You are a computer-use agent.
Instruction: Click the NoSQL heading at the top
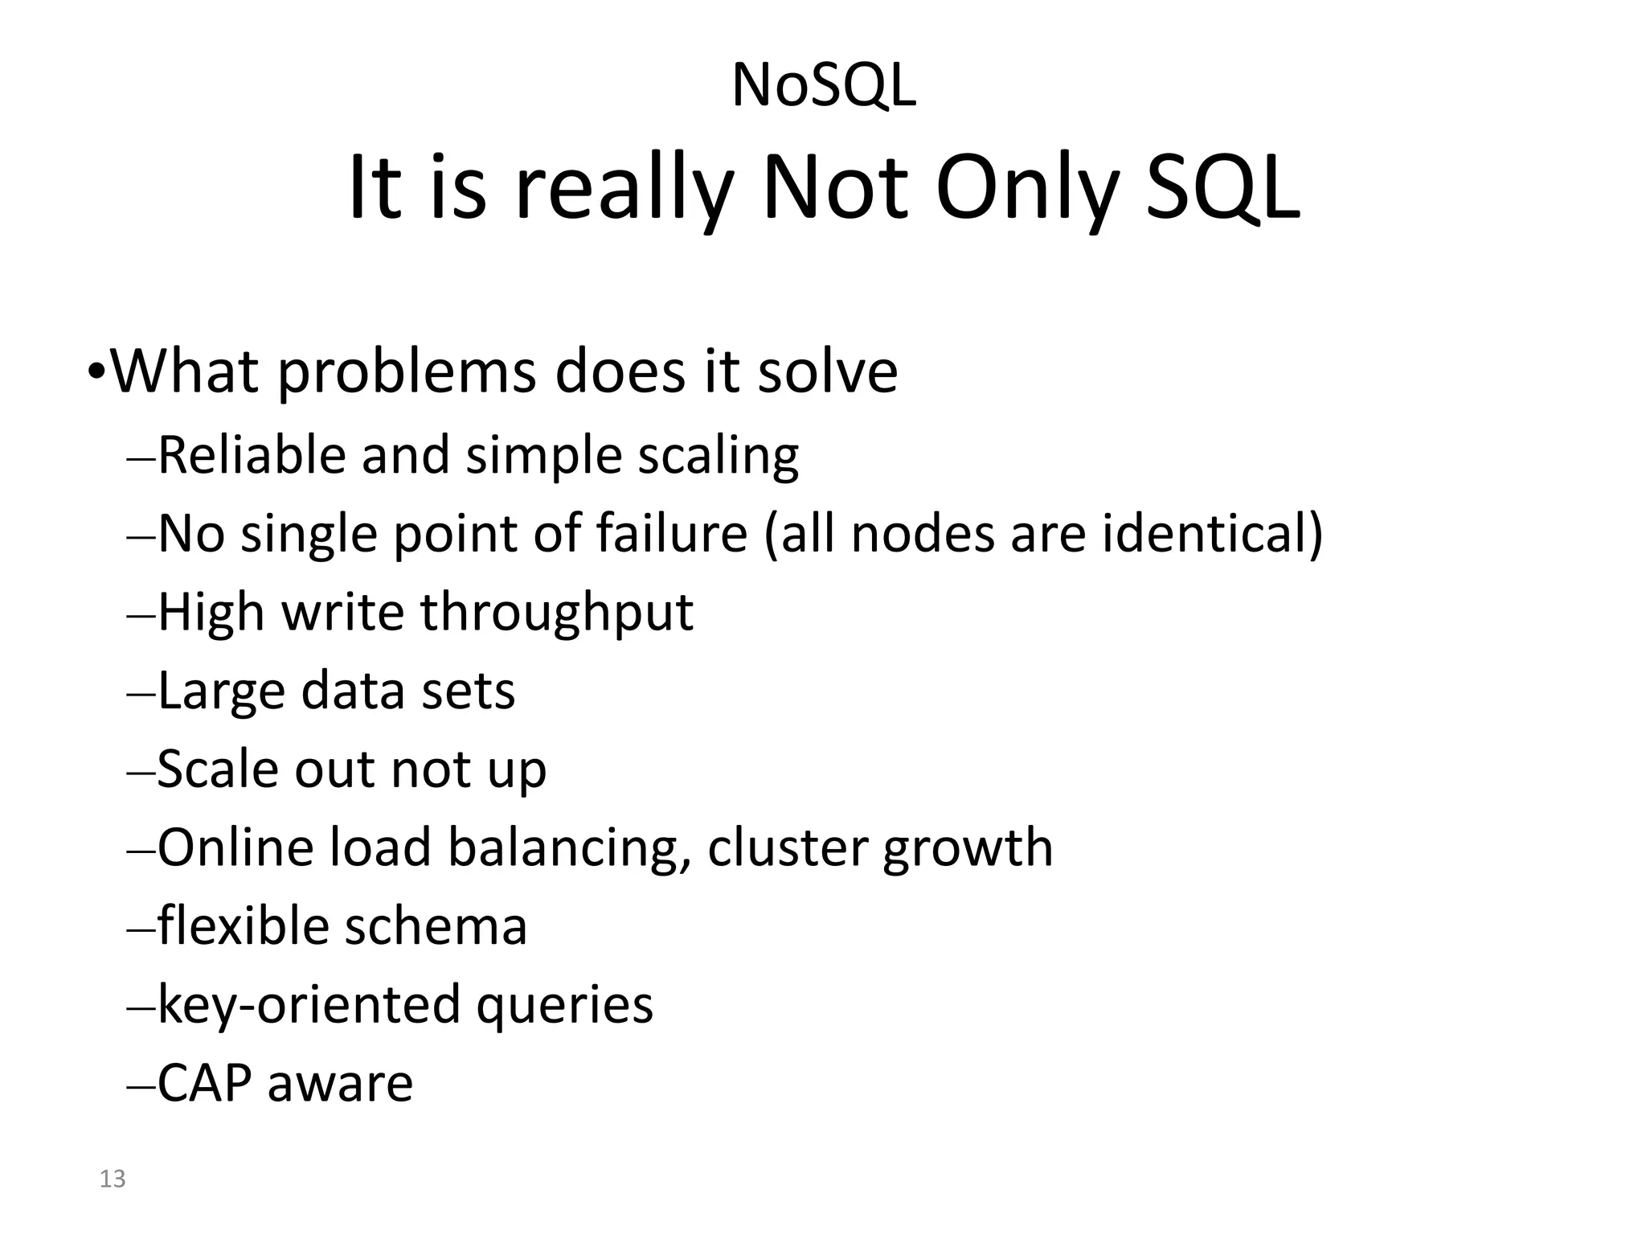coord(823,86)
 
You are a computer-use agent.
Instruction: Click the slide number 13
coord(113,1179)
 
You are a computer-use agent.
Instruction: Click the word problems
coord(407,373)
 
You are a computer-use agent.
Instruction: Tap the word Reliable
coord(252,456)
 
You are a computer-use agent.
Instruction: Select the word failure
coord(672,533)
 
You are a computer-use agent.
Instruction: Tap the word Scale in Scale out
coord(217,769)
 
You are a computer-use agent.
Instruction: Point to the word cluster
coord(788,848)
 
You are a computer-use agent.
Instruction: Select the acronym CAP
coord(204,1083)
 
